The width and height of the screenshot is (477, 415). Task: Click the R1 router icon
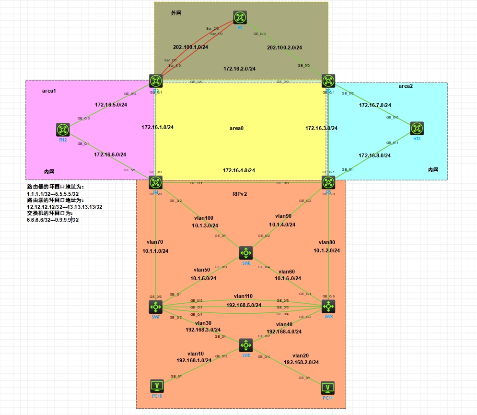coord(240,17)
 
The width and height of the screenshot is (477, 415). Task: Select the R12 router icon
coord(63,130)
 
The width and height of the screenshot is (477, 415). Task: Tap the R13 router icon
coord(417,128)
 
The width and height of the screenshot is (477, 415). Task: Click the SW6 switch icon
coord(246,253)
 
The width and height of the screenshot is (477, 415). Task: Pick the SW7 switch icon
coord(156,306)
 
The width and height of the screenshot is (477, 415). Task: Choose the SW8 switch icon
coord(328,306)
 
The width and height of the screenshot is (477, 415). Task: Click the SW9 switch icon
coord(246,344)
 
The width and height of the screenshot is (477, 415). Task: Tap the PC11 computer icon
coord(327,388)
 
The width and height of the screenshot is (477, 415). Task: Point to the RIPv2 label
coord(240,194)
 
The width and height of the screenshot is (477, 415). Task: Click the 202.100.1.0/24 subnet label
coord(190,47)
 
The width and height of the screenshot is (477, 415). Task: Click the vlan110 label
coord(243,296)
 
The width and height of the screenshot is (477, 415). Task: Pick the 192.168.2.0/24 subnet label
coord(301,362)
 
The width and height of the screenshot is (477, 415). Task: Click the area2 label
coord(406,86)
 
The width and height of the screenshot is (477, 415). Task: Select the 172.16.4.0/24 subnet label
coord(239,170)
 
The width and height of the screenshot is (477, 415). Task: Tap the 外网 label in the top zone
coord(176,13)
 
